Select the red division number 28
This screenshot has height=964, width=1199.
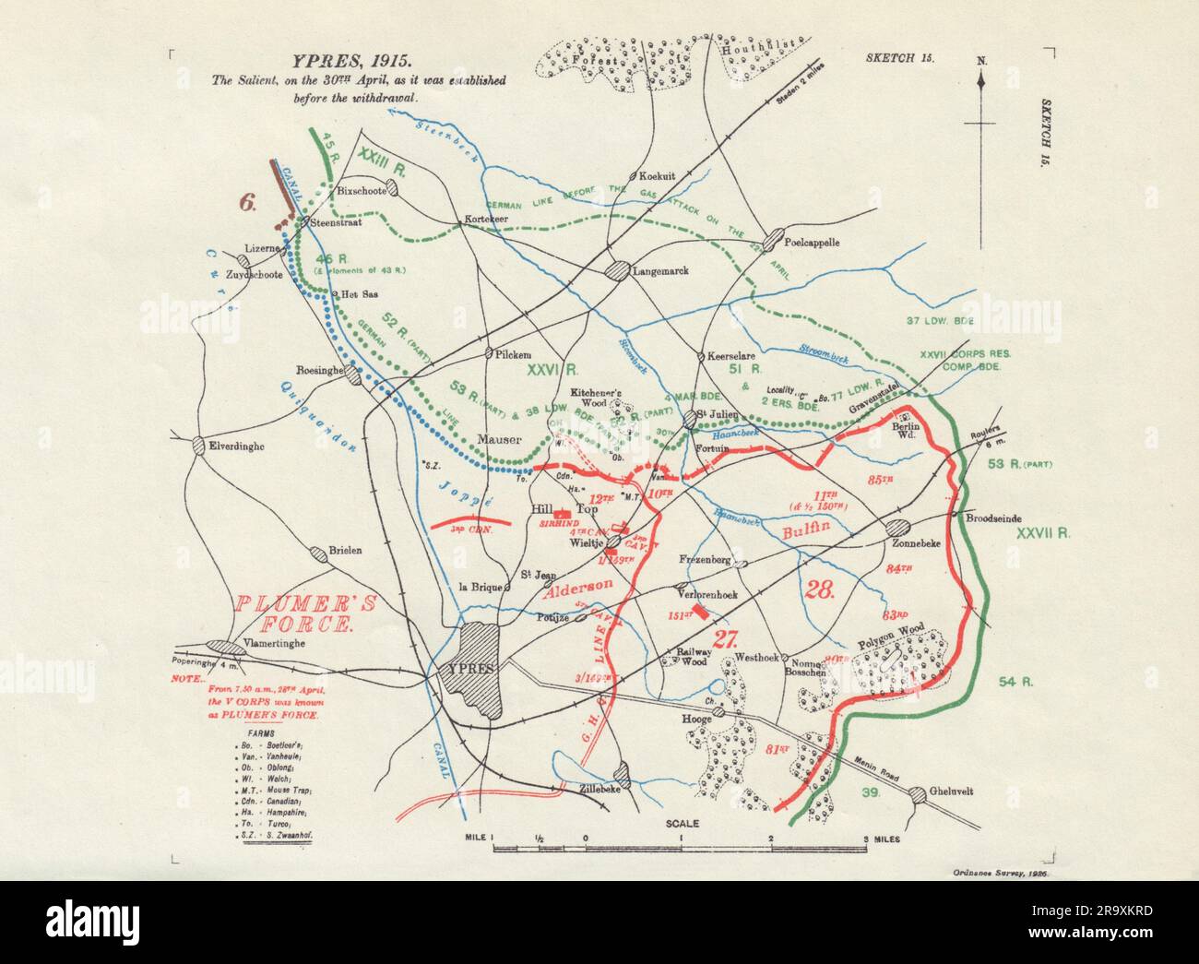coord(820,590)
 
